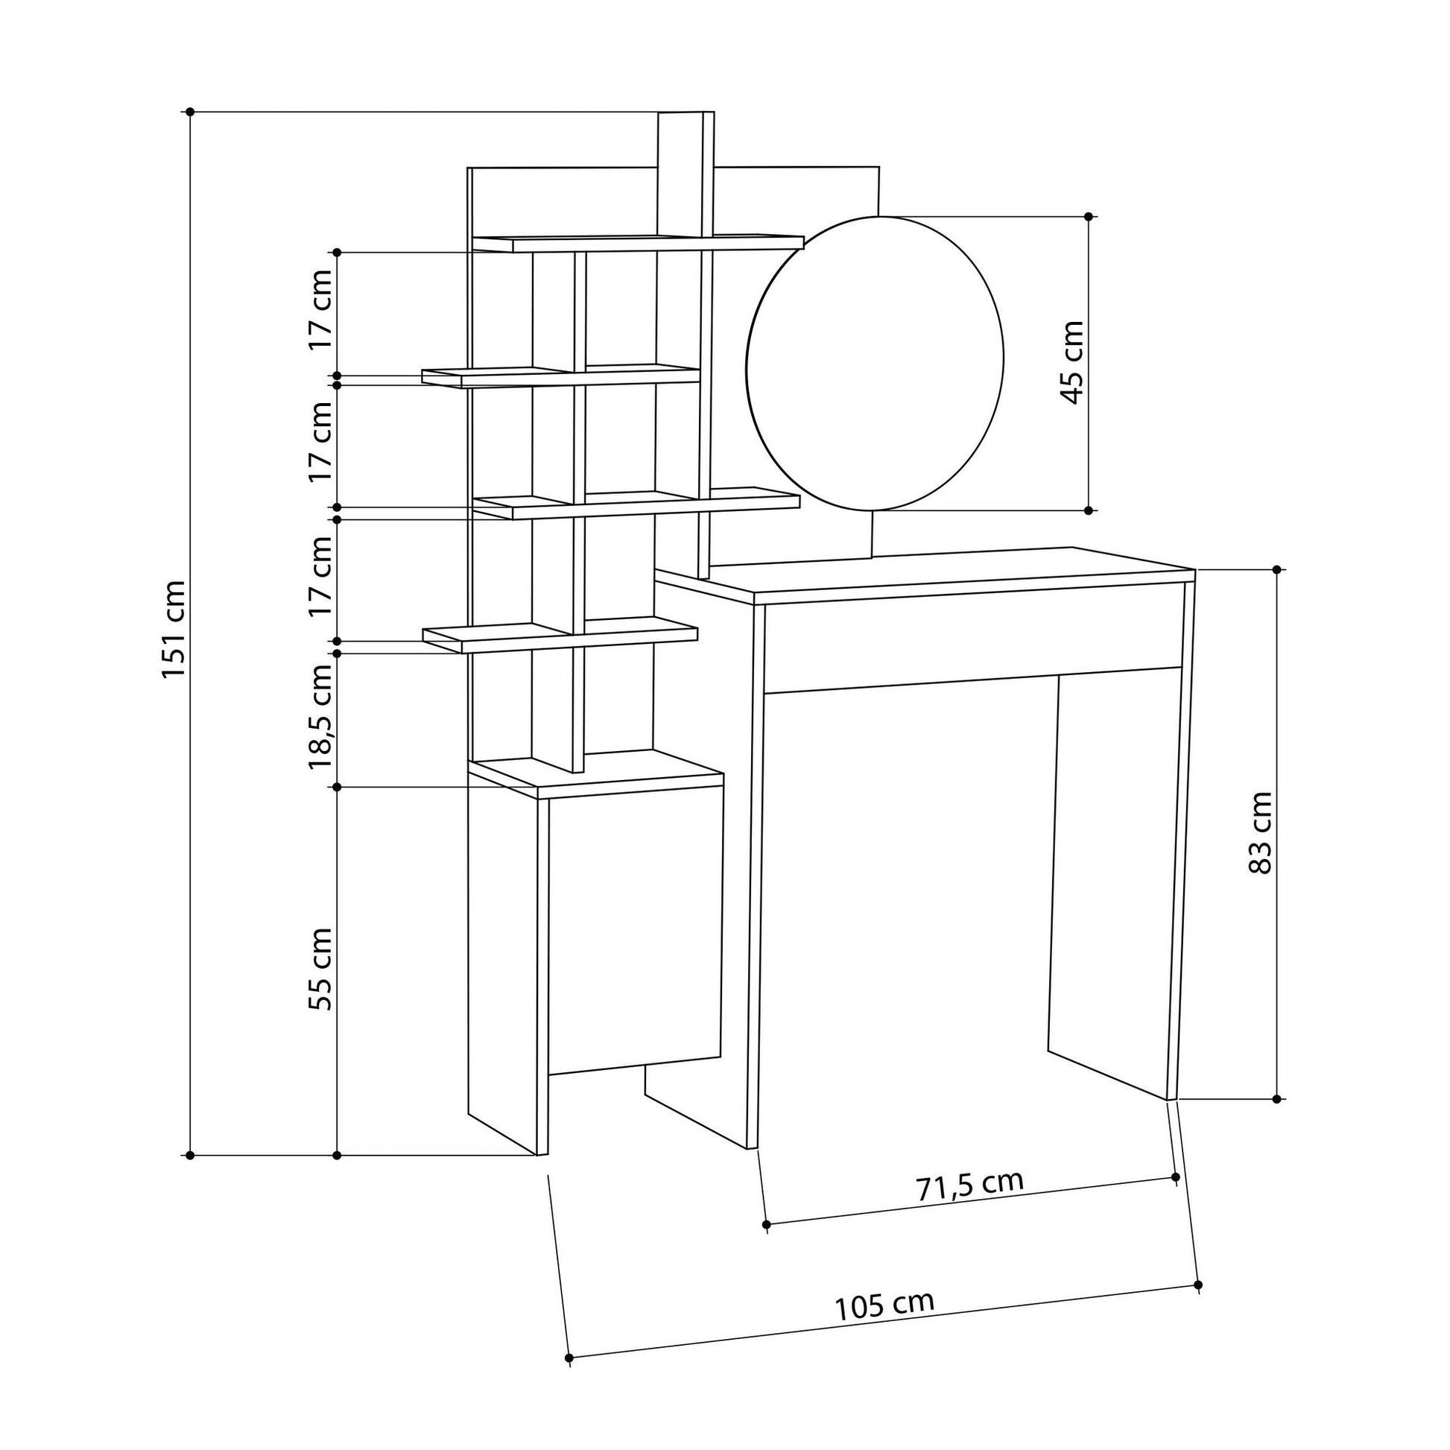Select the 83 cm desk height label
[x=1261, y=833]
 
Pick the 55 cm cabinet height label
[x=321, y=969]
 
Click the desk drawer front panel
[x=972, y=637]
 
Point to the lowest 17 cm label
[x=321, y=577]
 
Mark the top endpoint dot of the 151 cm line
[x=191, y=112]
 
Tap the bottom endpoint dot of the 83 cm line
[x=1276, y=1100]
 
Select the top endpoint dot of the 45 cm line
[x=1089, y=216]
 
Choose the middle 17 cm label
[x=321, y=442]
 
